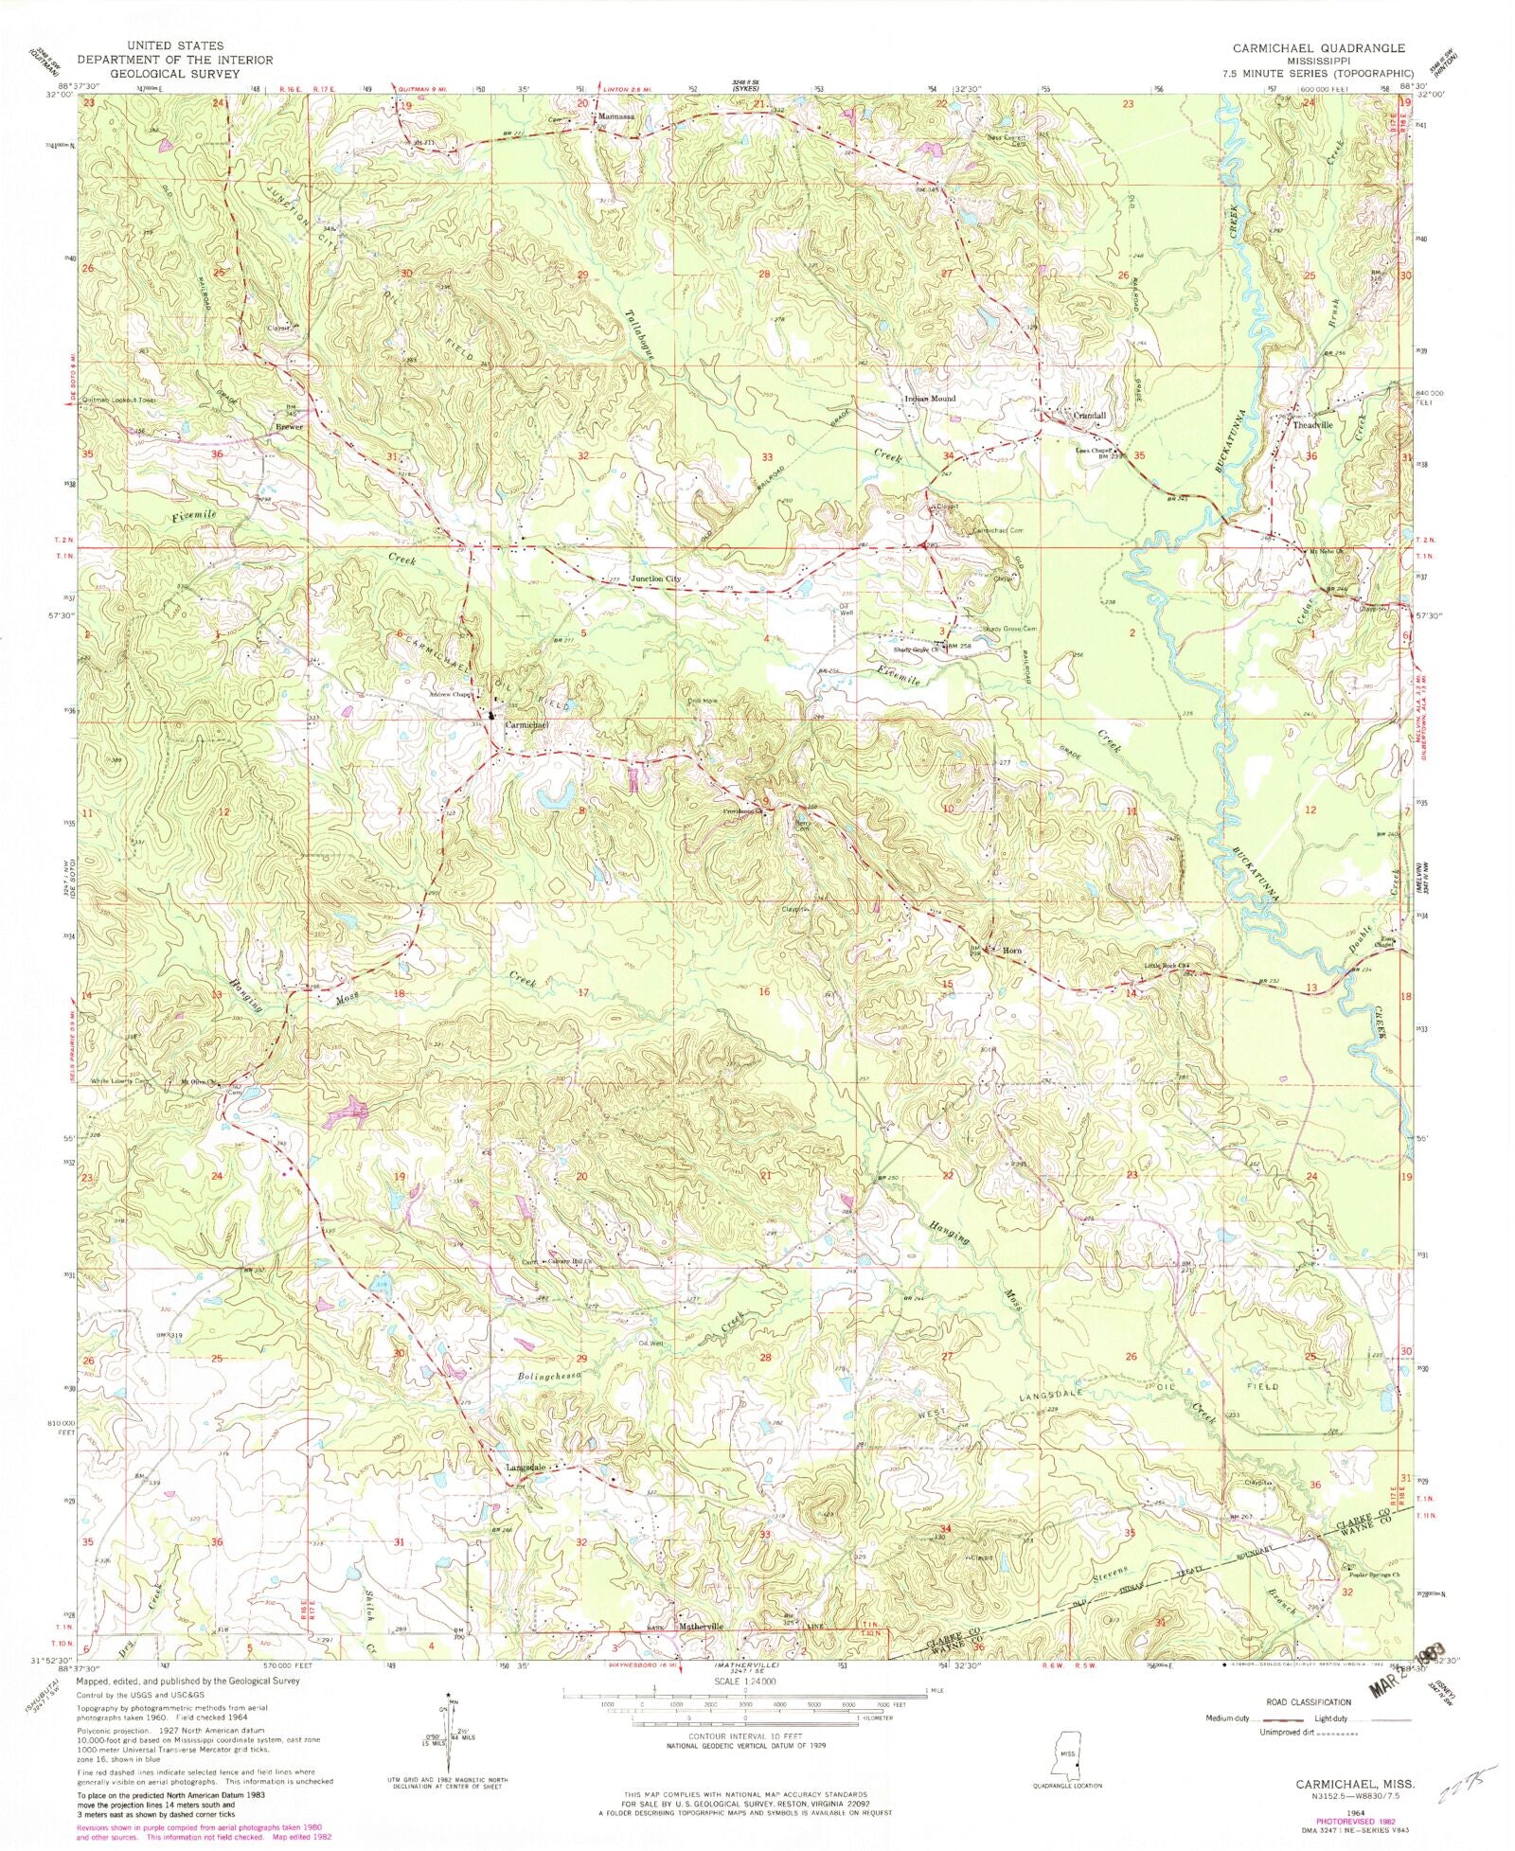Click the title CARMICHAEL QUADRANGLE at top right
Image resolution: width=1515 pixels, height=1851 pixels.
1317,47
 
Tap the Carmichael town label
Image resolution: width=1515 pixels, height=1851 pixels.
526,724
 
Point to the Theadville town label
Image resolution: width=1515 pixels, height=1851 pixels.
1312,425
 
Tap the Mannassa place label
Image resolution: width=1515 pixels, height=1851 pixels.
614,116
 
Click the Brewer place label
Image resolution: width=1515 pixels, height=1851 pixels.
289,427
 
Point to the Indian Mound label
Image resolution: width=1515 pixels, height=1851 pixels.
930,399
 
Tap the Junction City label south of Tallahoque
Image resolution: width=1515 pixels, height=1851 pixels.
656,578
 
